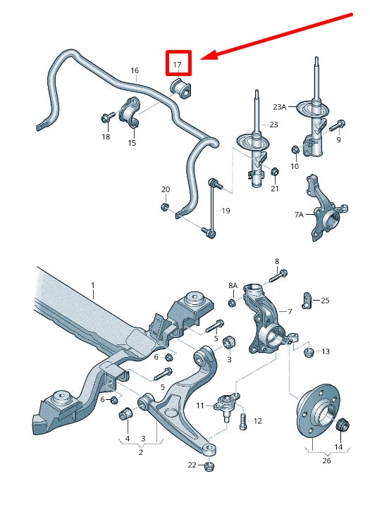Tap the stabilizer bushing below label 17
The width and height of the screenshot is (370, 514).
click(181, 89)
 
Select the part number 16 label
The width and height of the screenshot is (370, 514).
click(135, 70)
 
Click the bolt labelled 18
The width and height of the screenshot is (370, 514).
click(108, 117)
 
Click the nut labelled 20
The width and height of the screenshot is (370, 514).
click(166, 207)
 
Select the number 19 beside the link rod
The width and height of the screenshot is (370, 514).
click(226, 211)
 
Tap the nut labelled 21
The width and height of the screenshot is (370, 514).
click(275, 171)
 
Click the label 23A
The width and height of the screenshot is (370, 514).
click(280, 107)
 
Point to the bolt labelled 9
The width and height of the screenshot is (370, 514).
click(336, 125)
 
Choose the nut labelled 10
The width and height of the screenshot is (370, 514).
click(295, 150)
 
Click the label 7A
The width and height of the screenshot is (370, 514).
click(299, 215)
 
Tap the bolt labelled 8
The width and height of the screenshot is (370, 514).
click(278, 276)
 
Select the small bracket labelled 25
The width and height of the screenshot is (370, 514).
click(307, 300)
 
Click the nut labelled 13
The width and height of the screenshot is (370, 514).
click(309, 353)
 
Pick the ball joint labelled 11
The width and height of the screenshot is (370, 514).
click(226, 405)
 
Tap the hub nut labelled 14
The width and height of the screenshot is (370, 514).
click(343, 426)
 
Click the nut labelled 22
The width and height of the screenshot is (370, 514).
click(209, 466)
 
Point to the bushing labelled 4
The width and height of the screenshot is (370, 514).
click(125, 413)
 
